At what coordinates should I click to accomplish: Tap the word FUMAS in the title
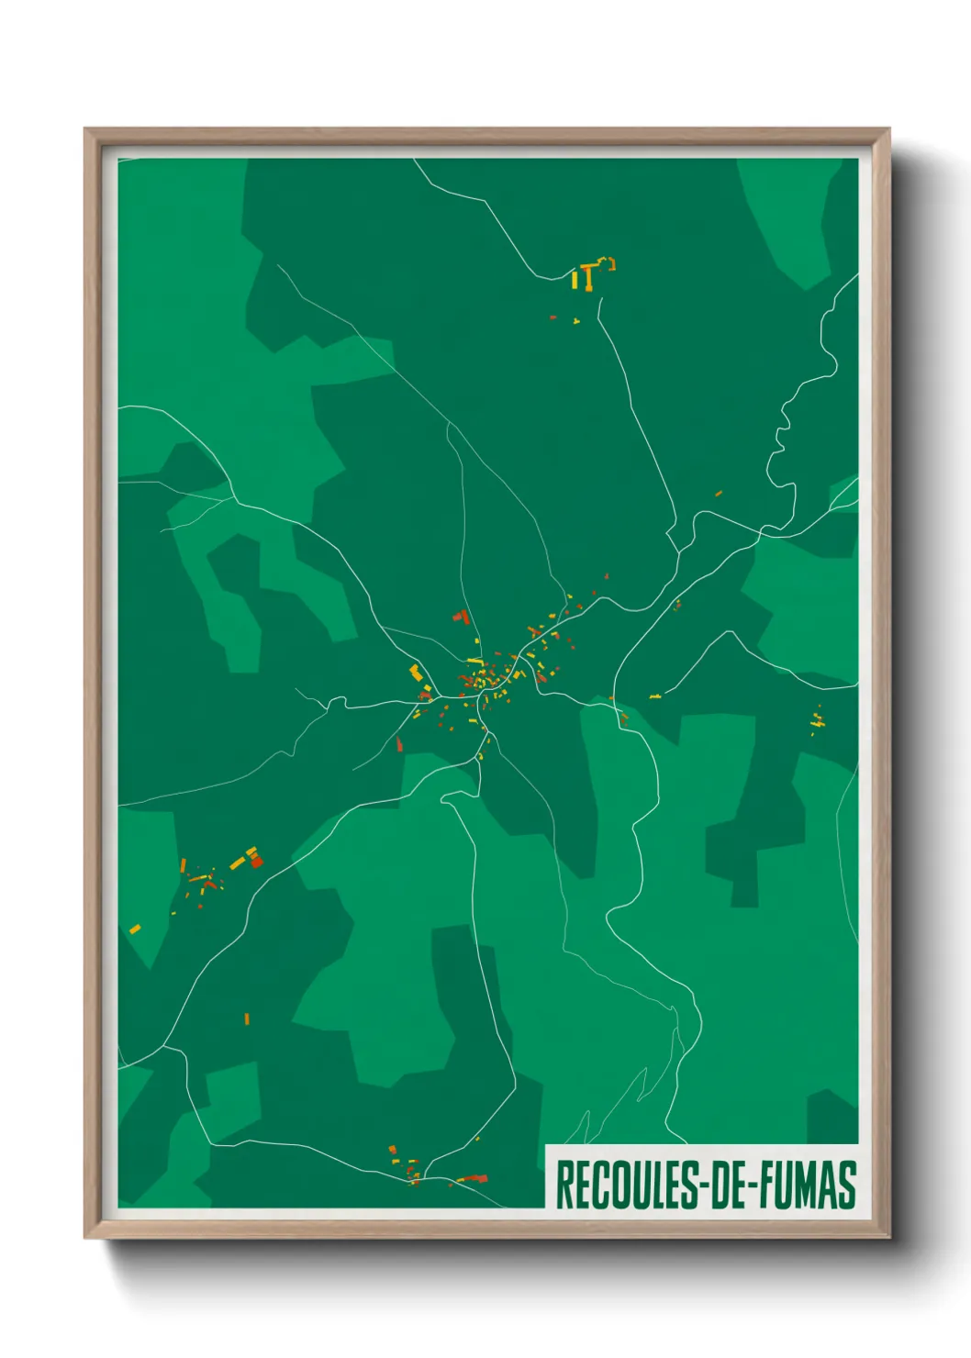tap(808, 1185)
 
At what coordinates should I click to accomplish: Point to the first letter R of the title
tap(564, 1185)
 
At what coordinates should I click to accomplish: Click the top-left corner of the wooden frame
tap(86, 129)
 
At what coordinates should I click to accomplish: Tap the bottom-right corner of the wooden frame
tap(887, 1237)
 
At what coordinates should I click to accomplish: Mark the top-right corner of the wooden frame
tap(887, 129)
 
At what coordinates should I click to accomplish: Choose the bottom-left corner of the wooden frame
tap(86, 1237)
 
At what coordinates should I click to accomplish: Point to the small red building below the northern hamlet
tap(552, 317)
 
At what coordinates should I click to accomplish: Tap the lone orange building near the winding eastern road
tap(719, 494)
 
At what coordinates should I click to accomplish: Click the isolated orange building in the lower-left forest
tap(247, 1018)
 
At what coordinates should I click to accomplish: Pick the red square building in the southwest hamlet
tap(256, 862)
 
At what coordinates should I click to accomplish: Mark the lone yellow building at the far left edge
tap(135, 929)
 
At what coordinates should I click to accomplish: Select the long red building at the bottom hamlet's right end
tap(473, 1179)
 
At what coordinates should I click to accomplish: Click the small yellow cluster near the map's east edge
tap(817, 721)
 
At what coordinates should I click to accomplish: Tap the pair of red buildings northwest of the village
tap(461, 617)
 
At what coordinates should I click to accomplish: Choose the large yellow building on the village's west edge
tap(416, 672)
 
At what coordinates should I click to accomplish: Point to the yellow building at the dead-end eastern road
tap(655, 696)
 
